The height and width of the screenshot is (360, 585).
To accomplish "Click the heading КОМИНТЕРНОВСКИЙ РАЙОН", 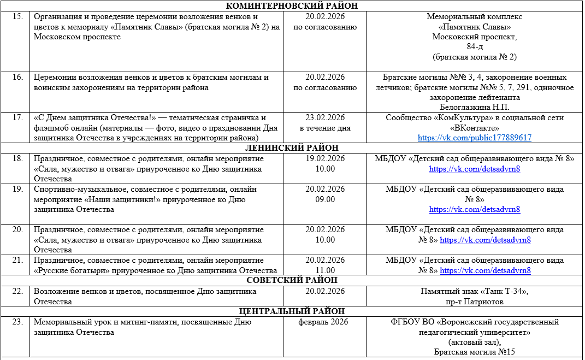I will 292,7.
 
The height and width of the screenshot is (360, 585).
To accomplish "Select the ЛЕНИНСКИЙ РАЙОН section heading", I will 292,148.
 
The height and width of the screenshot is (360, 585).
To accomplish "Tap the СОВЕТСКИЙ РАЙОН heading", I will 292,281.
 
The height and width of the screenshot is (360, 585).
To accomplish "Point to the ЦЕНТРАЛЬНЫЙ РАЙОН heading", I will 292,311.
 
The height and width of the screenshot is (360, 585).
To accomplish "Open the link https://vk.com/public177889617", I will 474,138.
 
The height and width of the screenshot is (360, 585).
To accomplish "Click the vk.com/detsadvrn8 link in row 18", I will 474,169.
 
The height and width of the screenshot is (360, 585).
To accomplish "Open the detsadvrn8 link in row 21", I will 485,270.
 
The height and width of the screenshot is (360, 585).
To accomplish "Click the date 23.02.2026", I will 325,118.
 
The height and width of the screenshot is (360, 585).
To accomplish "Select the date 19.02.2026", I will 325,159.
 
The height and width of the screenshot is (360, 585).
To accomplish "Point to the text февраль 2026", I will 325,322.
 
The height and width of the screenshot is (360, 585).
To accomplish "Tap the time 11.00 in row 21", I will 325,270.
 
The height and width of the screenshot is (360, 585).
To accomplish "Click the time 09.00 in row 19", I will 325,199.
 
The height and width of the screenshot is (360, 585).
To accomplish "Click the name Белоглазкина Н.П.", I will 474,107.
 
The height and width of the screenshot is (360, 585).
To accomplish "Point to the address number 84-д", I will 474,47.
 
